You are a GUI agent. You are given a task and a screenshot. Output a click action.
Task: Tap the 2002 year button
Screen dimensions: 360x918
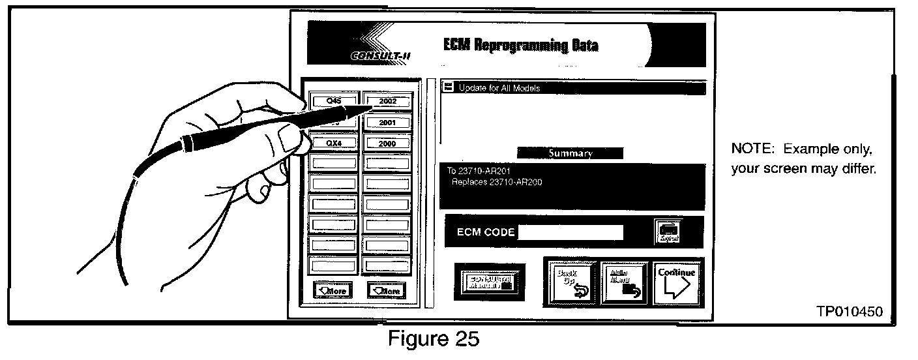pos(388,102)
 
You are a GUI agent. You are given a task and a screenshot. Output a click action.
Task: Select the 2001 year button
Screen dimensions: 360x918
pos(388,123)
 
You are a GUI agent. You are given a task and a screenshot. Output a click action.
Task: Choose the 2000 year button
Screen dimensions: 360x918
pos(388,143)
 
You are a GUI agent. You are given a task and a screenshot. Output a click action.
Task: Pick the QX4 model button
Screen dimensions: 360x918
pos(333,143)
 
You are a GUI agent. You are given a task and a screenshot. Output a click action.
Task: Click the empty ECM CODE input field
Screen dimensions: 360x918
pos(570,232)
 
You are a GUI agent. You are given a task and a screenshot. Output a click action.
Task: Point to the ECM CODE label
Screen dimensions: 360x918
pos(486,233)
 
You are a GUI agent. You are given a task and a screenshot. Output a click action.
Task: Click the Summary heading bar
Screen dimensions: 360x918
pos(570,153)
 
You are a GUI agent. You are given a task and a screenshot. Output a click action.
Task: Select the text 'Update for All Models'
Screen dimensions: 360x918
pos(499,88)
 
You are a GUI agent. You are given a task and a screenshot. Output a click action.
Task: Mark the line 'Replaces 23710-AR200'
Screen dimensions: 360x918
pos(497,182)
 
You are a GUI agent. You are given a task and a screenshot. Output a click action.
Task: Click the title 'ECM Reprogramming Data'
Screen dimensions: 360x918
pos(520,45)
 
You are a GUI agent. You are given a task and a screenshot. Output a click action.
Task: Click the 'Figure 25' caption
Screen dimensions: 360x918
pos(434,339)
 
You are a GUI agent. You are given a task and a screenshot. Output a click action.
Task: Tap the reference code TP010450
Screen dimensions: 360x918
pos(850,312)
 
